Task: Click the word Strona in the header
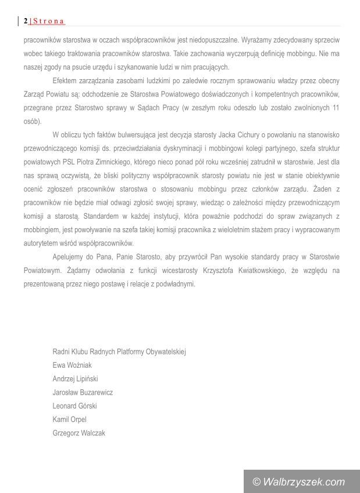click(x=48, y=22)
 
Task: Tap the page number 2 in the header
click(x=26, y=22)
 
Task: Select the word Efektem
click(x=64, y=81)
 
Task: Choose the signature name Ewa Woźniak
click(x=72, y=366)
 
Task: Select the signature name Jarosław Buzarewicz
click(x=83, y=392)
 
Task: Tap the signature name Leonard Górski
click(x=74, y=406)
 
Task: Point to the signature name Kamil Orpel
click(x=69, y=419)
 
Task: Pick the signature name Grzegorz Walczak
click(x=79, y=432)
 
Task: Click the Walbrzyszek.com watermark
click(x=300, y=482)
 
